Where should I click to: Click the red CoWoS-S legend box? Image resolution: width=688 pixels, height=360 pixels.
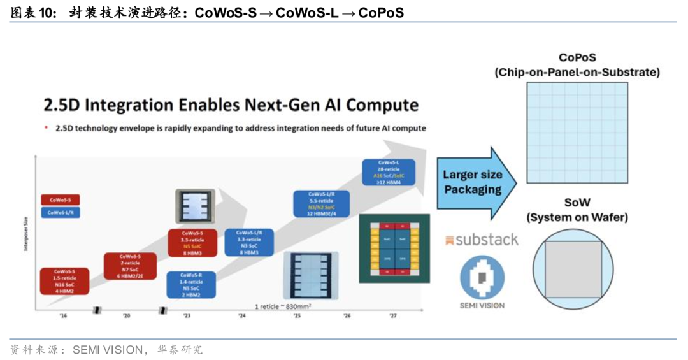61,199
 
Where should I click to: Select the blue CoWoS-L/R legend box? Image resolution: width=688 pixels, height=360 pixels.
61,213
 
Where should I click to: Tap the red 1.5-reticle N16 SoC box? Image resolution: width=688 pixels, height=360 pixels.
64,281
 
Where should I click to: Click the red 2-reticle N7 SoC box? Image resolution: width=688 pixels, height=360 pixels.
130,266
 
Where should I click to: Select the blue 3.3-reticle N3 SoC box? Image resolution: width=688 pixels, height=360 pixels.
248,243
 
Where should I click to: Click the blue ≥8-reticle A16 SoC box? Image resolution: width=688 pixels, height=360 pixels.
389,172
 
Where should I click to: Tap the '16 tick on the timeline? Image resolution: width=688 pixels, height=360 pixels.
64,316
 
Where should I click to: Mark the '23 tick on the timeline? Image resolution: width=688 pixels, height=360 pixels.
187,316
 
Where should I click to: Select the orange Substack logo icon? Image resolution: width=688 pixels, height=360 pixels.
450,240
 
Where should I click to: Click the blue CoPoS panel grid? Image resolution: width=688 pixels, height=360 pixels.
577,134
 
